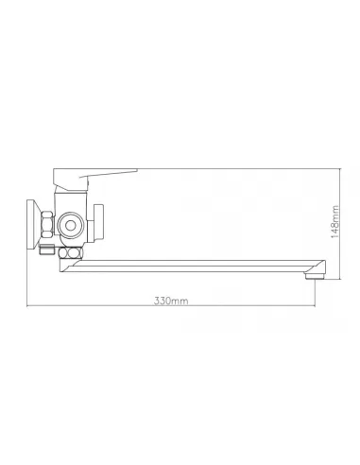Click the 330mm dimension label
[x=171, y=301]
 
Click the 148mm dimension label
[x=335, y=222]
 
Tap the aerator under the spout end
[x=315, y=276]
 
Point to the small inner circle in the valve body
[x=70, y=225]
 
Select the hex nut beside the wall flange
[x=47, y=224]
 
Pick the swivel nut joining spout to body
[x=71, y=252]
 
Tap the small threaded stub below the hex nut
[x=46, y=250]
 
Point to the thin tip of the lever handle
[x=136, y=170]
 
